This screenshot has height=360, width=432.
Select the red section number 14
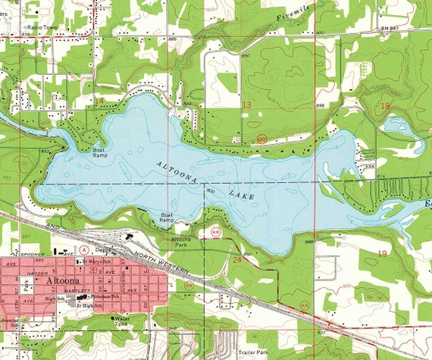(x=99, y=101)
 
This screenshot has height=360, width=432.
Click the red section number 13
(x=246, y=104)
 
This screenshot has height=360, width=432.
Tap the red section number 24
(x=237, y=260)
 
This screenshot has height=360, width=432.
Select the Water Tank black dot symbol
(x=117, y=319)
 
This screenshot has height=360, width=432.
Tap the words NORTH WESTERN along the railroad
(x=170, y=265)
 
